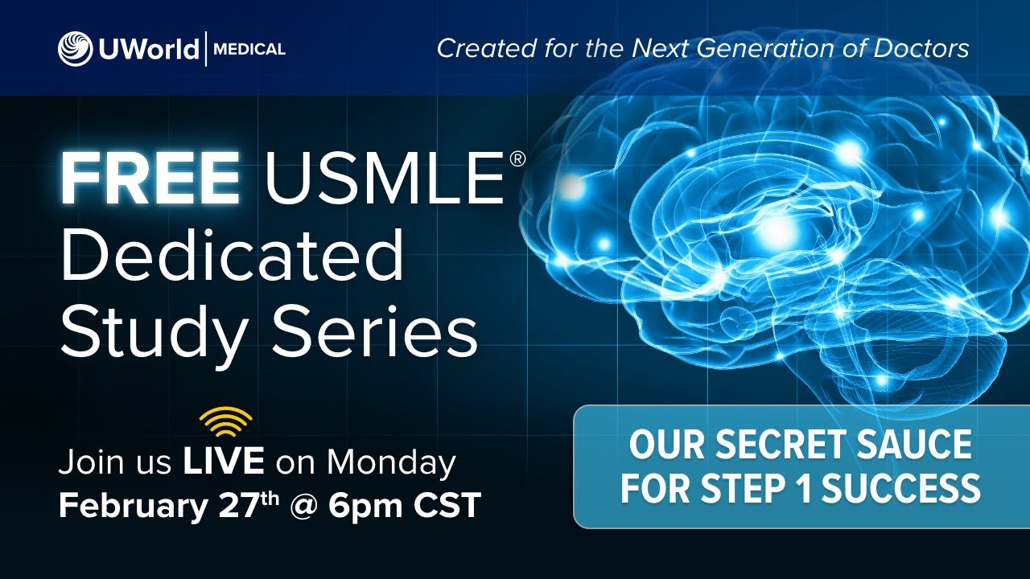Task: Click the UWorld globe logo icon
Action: point(75,48)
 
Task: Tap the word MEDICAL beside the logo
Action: point(250,49)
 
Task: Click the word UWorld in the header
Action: point(149,48)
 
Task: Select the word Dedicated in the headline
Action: point(232,256)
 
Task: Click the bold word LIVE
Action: point(224,462)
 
